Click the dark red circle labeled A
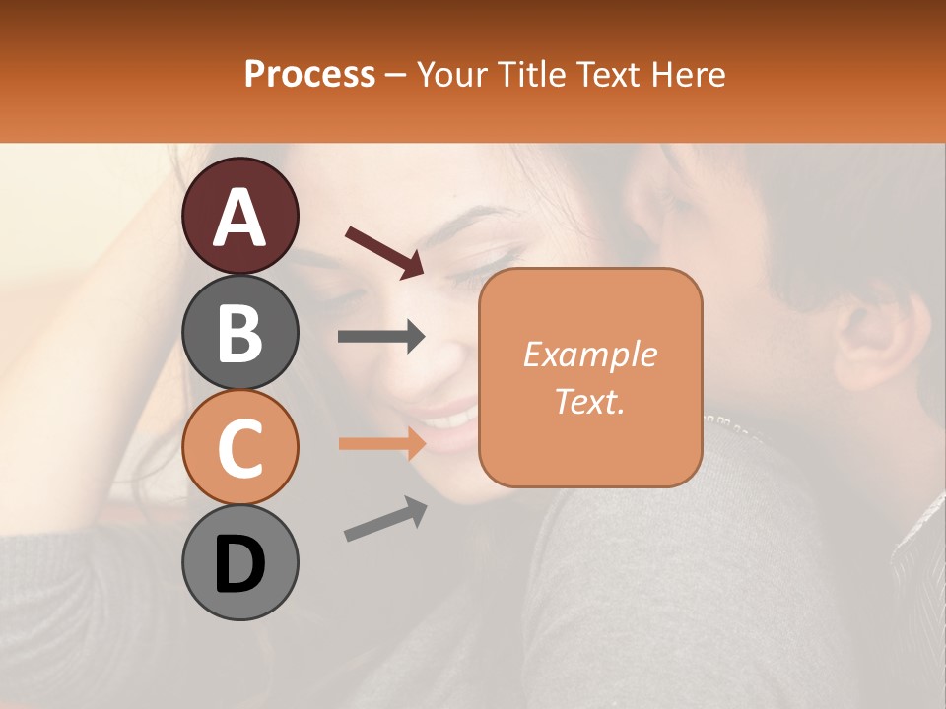coord(239,217)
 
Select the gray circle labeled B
coord(239,332)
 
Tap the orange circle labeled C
coord(239,447)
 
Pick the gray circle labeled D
coord(239,562)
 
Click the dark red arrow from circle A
coord(384,251)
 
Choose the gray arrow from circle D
coord(385,519)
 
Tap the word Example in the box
coord(589,354)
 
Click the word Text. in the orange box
coord(590,401)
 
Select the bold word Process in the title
coord(309,74)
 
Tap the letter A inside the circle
coord(239,219)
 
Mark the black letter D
coord(239,564)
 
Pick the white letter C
coord(239,449)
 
